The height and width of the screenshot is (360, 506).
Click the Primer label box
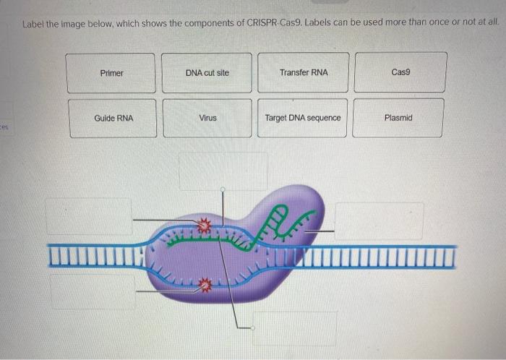click(x=112, y=73)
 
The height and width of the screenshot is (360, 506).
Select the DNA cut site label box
click(x=207, y=73)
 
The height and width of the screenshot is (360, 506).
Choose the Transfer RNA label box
click(x=303, y=73)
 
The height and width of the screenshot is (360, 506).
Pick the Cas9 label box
click(x=400, y=73)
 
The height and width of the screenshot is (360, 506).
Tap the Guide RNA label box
click(x=113, y=118)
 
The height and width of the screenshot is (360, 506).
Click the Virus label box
click(x=207, y=118)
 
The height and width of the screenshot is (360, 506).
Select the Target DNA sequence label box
click(x=303, y=118)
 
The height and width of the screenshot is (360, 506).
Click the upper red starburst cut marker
click(x=205, y=227)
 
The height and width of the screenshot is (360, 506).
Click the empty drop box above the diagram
click(x=223, y=171)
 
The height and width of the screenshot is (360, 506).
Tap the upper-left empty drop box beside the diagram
click(x=89, y=215)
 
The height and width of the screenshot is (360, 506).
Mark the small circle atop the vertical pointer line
click(x=223, y=189)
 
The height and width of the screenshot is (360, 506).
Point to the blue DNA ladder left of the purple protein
click(x=94, y=254)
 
